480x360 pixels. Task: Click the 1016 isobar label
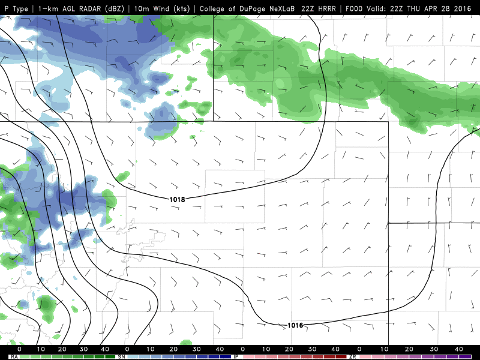click(295, 325)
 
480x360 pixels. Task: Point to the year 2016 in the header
click(461, 8)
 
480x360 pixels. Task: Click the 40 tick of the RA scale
click(104, 349)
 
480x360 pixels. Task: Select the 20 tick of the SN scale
click(173, 349)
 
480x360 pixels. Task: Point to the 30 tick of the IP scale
click(312, 349)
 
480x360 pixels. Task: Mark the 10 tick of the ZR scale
click(382, 349)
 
